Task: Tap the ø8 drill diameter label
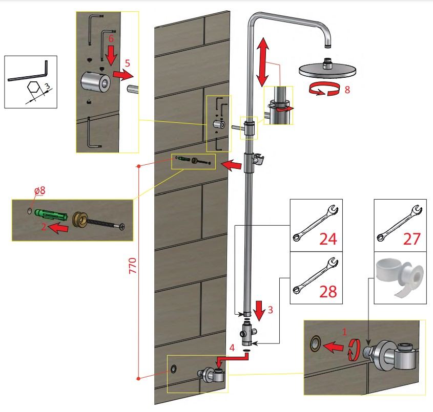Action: (x=40, y=190)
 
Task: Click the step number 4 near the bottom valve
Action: (x=233, y=348)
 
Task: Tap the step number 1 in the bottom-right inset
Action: (x=344, y=331)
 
